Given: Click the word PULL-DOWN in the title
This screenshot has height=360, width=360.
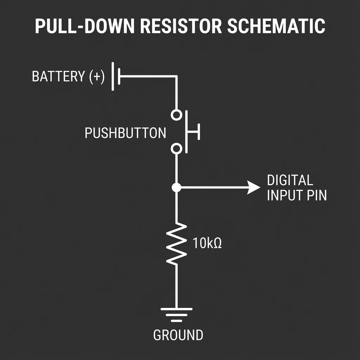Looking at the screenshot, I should click(x=78, y=26).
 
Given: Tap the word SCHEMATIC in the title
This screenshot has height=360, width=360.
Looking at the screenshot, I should click(x=276, y=26).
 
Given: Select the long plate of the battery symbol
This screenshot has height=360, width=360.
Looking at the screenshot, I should click(x=113, y=76).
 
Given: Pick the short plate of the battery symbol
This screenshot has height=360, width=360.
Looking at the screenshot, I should click(x=119, y=76).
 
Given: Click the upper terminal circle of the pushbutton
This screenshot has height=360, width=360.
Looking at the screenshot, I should click(x=176, y=115).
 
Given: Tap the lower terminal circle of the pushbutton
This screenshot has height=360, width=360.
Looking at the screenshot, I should click(x=176, y=149).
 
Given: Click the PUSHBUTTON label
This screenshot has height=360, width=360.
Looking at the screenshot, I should click(x=126, y=133).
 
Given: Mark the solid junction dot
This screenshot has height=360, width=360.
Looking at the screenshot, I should click(x=176, y=187).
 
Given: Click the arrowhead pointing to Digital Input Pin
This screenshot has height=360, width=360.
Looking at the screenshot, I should click(x=254, y=187).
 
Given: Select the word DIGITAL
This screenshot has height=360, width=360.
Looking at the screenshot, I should click(x=290, y=180).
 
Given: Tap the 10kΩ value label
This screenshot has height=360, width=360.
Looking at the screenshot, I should click(x=207, y=243).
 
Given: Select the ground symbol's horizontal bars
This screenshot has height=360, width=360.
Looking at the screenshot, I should click(x=176, y=315).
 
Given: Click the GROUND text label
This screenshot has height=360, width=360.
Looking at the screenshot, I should click(x=178, y=335).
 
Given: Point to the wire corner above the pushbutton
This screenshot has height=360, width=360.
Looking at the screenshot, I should click(x=176, y=76).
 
